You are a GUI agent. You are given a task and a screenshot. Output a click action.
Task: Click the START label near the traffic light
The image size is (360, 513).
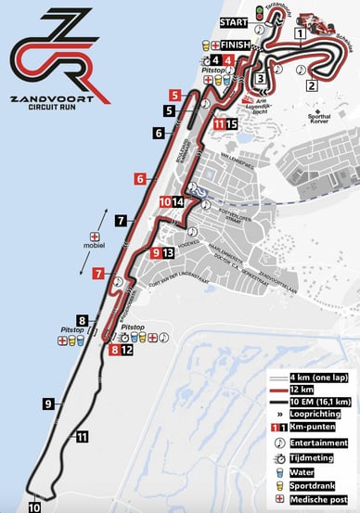[x=233, y=19]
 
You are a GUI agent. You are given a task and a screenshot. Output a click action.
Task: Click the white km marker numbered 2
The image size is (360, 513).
[x=312, y=86]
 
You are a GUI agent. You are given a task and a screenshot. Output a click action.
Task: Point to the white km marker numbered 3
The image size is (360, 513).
[x=262, y=78]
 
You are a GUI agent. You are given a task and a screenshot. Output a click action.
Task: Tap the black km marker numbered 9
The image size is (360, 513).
[x=47, y=403]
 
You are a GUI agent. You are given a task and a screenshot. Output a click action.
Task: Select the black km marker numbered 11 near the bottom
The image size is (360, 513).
[x=83, y=436]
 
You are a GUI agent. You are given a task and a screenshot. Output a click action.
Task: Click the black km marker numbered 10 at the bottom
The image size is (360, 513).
[x=34, y=507]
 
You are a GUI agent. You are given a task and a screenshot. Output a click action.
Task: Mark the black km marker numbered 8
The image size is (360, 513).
[x=82, y=321]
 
